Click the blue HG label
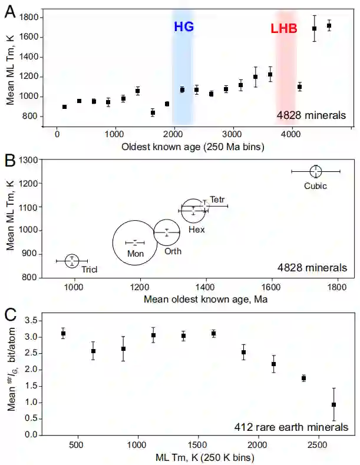pos(183,26)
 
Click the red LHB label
pos(284,28)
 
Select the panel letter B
pos(10,160)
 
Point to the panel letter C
pos(10,314)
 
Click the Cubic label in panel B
pos(315,186)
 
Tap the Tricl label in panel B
pos(89,270)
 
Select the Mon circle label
pos(136,253)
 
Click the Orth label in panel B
pos(173,251)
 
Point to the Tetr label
pos(217,200)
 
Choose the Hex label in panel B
pos(196,229)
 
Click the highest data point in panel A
pos(329,26)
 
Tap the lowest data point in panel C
pos(333,404)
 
